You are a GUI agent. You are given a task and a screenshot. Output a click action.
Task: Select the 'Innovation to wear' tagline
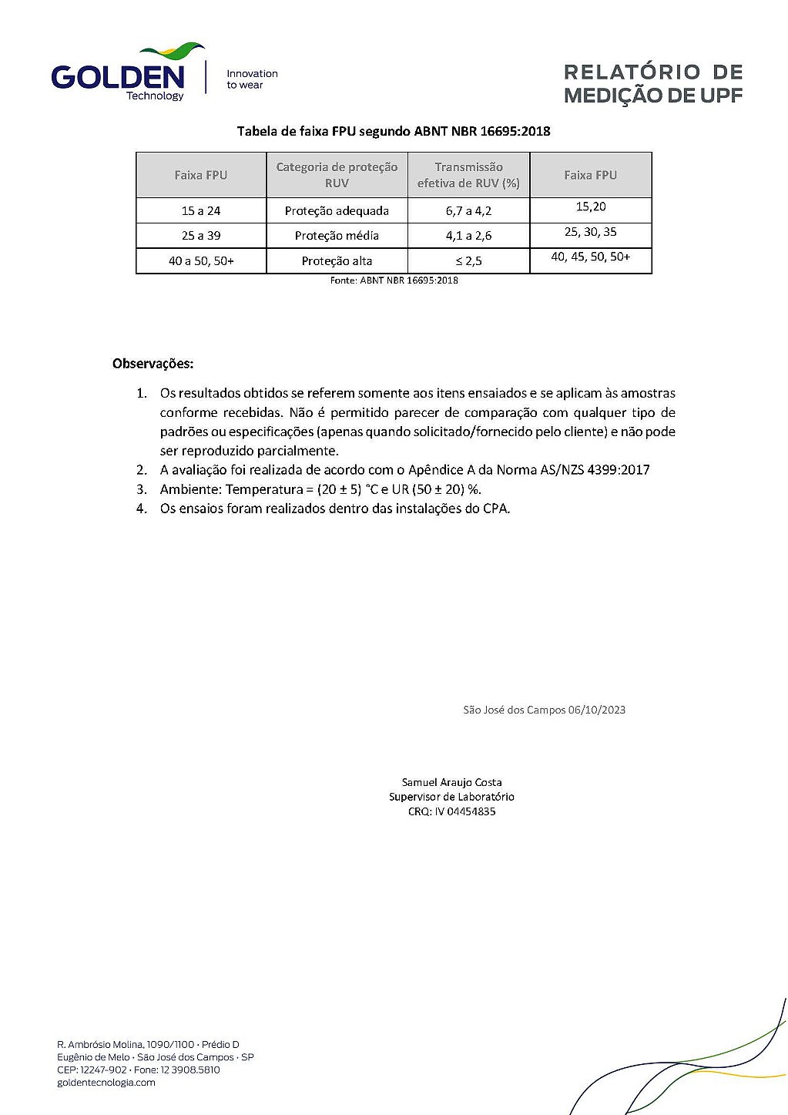(x=252, y=79)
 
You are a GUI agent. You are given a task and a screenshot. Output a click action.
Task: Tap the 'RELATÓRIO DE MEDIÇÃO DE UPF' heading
(x=653, y=84)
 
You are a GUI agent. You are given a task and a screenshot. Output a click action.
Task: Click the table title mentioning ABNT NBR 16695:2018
(x=394, y=131)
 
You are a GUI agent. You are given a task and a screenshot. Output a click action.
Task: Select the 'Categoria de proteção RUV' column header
(x=337, y=175)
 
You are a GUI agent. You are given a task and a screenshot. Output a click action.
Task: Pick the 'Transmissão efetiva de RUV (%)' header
(x=468, y=175)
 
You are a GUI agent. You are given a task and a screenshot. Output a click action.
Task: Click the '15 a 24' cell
(x=201, y=211)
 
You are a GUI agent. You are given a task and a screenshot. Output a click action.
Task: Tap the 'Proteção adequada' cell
(x=337, y=211)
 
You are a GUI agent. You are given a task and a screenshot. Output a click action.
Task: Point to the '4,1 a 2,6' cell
(x=468, y=236)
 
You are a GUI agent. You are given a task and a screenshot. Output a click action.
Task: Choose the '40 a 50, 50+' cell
(x=201, y=261)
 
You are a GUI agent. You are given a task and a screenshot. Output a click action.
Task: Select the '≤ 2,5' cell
(x=468, y=261)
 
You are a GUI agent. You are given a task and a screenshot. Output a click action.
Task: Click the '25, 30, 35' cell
(x=591, y=232)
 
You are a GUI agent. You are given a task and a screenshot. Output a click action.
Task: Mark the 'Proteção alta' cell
(x=337, y=261)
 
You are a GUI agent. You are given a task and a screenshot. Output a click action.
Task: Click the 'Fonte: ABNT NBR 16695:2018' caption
(x=394, y=280)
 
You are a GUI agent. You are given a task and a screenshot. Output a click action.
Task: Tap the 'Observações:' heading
(x=153, y=364)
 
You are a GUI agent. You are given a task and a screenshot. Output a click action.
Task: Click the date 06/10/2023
(x=597, y=710)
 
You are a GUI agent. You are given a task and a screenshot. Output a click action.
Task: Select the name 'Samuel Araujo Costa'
(x=451, y=782)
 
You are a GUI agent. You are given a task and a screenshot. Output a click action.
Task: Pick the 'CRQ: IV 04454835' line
(x=451, y=811)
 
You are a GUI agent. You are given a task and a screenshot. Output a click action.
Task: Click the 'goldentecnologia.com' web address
(x=106, y=1083)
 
